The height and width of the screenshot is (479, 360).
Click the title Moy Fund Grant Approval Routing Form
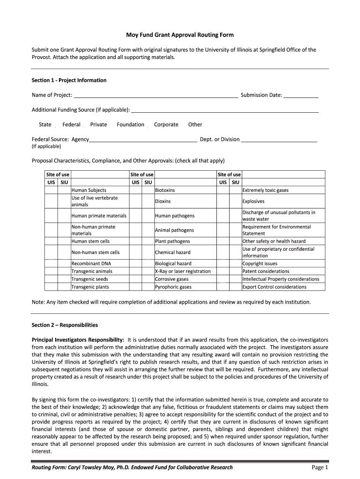[180, 35]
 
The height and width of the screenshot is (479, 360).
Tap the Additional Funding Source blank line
[225, 110]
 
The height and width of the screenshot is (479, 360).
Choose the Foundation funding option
[130, 124]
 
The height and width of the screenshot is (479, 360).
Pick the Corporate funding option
[166, 124]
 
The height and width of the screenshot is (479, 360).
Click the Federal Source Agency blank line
[143, 139]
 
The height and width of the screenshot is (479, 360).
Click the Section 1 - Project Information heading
[69, 80]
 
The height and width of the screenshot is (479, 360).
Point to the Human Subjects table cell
[89, 190]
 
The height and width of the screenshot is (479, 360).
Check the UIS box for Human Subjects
[51, 190]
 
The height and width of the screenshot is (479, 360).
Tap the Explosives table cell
[253, 202]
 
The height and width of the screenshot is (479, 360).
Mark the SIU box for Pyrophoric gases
[148, 287]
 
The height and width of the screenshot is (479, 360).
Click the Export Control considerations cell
[274, 287]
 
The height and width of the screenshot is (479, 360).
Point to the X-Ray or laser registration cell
[183, 271]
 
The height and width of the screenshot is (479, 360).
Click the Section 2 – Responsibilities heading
[65, 325]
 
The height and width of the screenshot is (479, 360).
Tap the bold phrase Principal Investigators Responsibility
[78, 339]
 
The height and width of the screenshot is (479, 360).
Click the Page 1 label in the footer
[320, 468]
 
